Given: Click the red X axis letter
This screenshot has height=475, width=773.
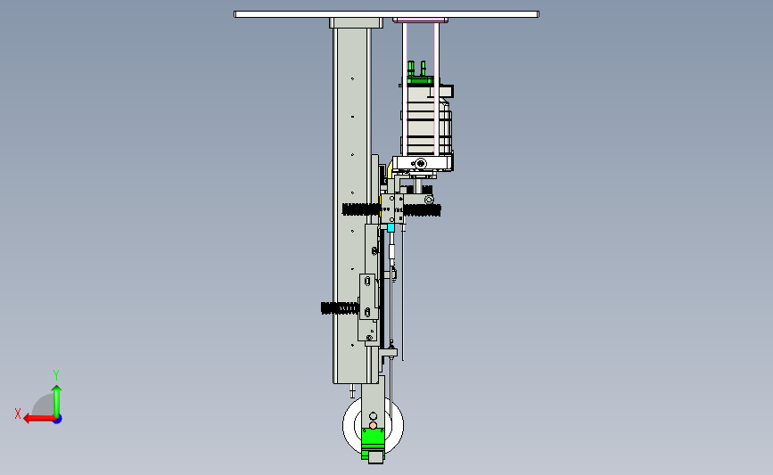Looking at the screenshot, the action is tap(18, 414).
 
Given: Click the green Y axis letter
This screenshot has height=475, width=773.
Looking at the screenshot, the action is tap(56, 375).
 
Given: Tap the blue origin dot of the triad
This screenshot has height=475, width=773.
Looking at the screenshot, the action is tap(58, 420).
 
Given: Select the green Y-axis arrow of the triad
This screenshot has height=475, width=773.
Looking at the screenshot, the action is tap(57, 401).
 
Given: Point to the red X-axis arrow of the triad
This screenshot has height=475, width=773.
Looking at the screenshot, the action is tap(39, 419).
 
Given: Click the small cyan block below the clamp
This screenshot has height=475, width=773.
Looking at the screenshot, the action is tap(391, 227).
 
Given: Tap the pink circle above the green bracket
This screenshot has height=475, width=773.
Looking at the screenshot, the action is tap(374, 426).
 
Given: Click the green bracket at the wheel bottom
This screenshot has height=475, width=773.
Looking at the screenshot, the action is tap(373, 444).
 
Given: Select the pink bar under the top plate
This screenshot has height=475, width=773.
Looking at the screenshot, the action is tap(421, 20).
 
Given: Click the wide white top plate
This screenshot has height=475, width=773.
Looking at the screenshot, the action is tap(387, 14).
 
